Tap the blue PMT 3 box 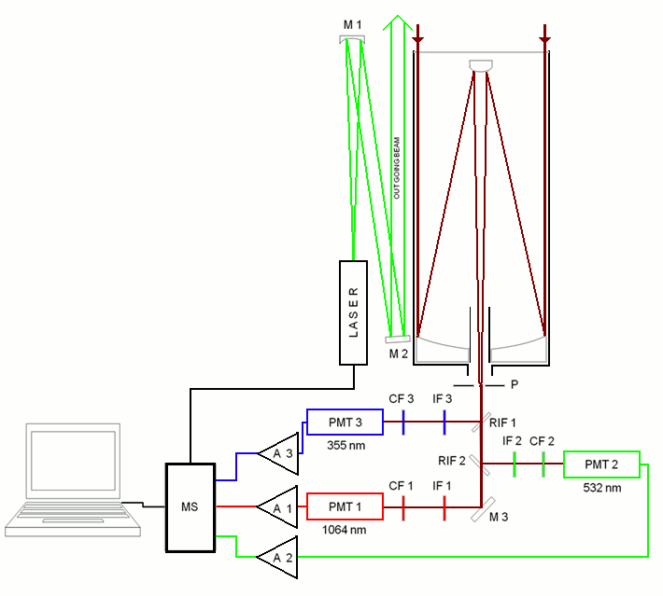(x=345, y=423)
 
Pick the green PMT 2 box (x=602, y=464)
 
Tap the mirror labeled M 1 (x=351, y=39)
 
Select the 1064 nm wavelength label (x=343, y=529)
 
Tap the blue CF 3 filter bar (x=402, y=423)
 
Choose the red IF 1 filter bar (x=444, y=507)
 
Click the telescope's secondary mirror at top (x=481, y=64)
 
